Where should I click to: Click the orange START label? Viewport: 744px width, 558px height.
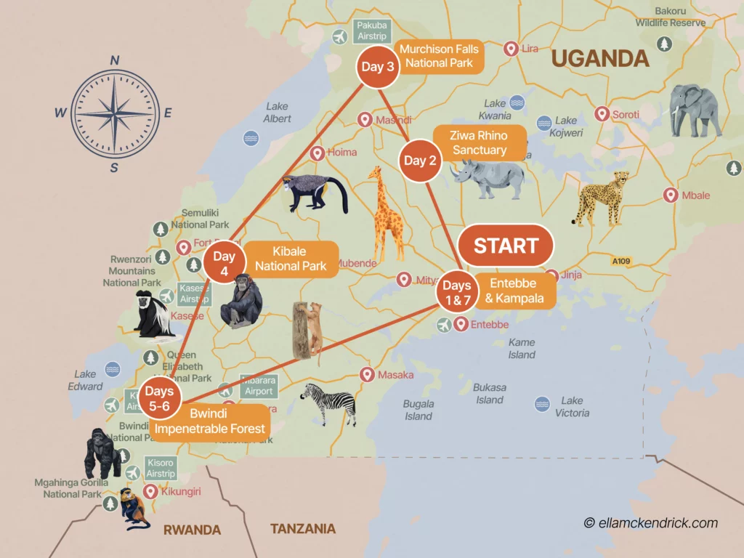(506, 246)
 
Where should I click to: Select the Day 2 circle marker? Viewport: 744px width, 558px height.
(420, 161)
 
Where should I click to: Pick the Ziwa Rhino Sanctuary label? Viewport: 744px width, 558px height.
(480, 142)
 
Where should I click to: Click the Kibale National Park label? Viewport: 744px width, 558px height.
(291, 259)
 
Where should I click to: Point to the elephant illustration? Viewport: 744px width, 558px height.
(695, 110)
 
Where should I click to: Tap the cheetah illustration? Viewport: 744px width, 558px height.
(600, 197)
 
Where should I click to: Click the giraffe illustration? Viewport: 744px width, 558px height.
(385, 214)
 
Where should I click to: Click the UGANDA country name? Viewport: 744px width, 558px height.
(599, 58)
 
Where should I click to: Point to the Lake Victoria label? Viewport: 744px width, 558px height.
(572, 407)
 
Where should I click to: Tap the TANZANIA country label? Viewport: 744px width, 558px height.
(303, 529)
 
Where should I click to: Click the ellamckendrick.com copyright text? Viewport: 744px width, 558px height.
(650, 522)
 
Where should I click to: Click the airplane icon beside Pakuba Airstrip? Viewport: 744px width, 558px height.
(339, 36)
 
